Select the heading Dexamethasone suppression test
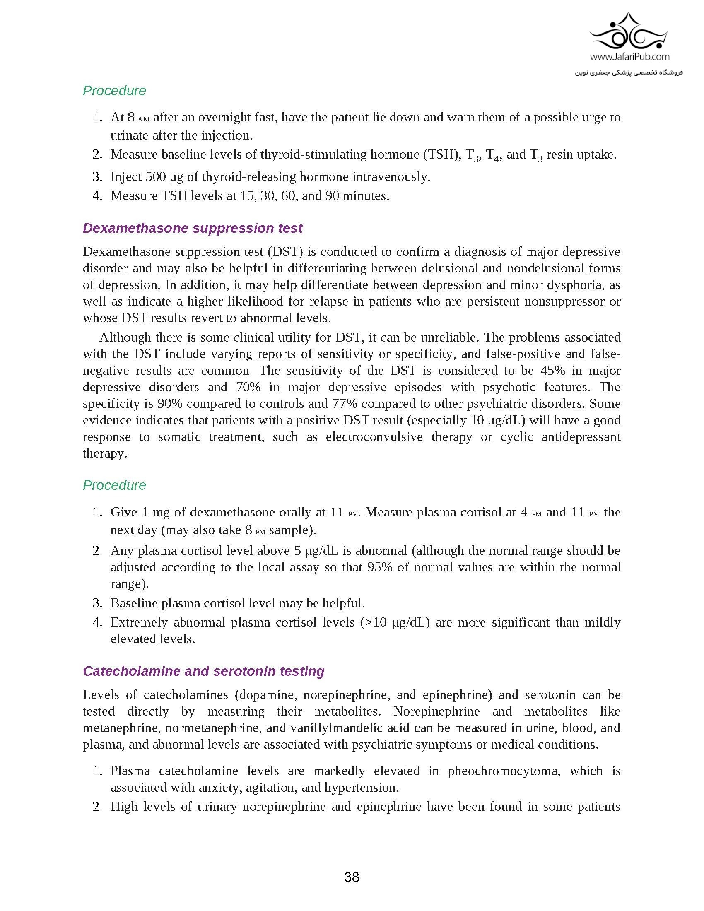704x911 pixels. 192,228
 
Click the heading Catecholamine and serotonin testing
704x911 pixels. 203,671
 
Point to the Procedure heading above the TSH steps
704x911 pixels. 114,91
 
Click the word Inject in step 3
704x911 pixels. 125,177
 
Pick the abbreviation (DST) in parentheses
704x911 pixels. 285,252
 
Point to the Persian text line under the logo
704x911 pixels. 629,72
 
